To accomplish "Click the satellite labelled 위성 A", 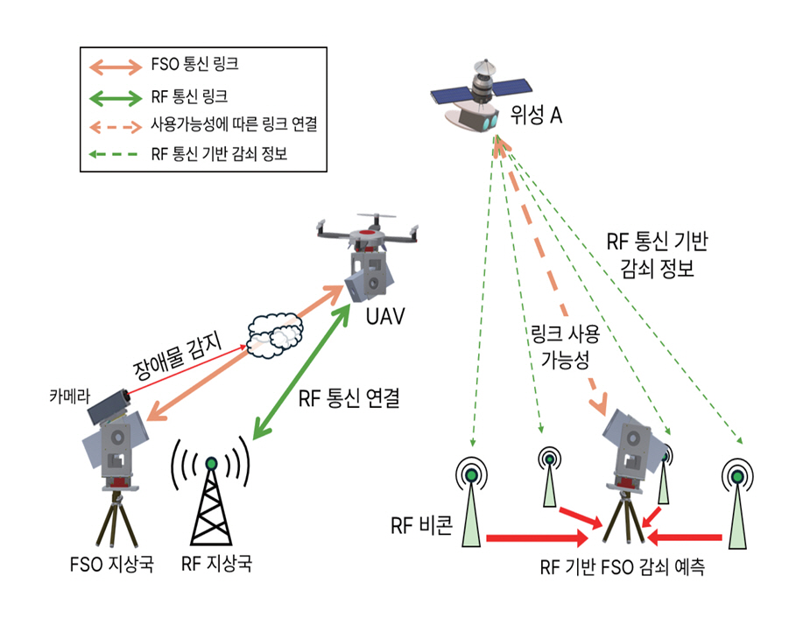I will [483, 95].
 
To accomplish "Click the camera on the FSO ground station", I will [106, 407].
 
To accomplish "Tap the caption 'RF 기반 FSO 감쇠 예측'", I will [622, 567].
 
